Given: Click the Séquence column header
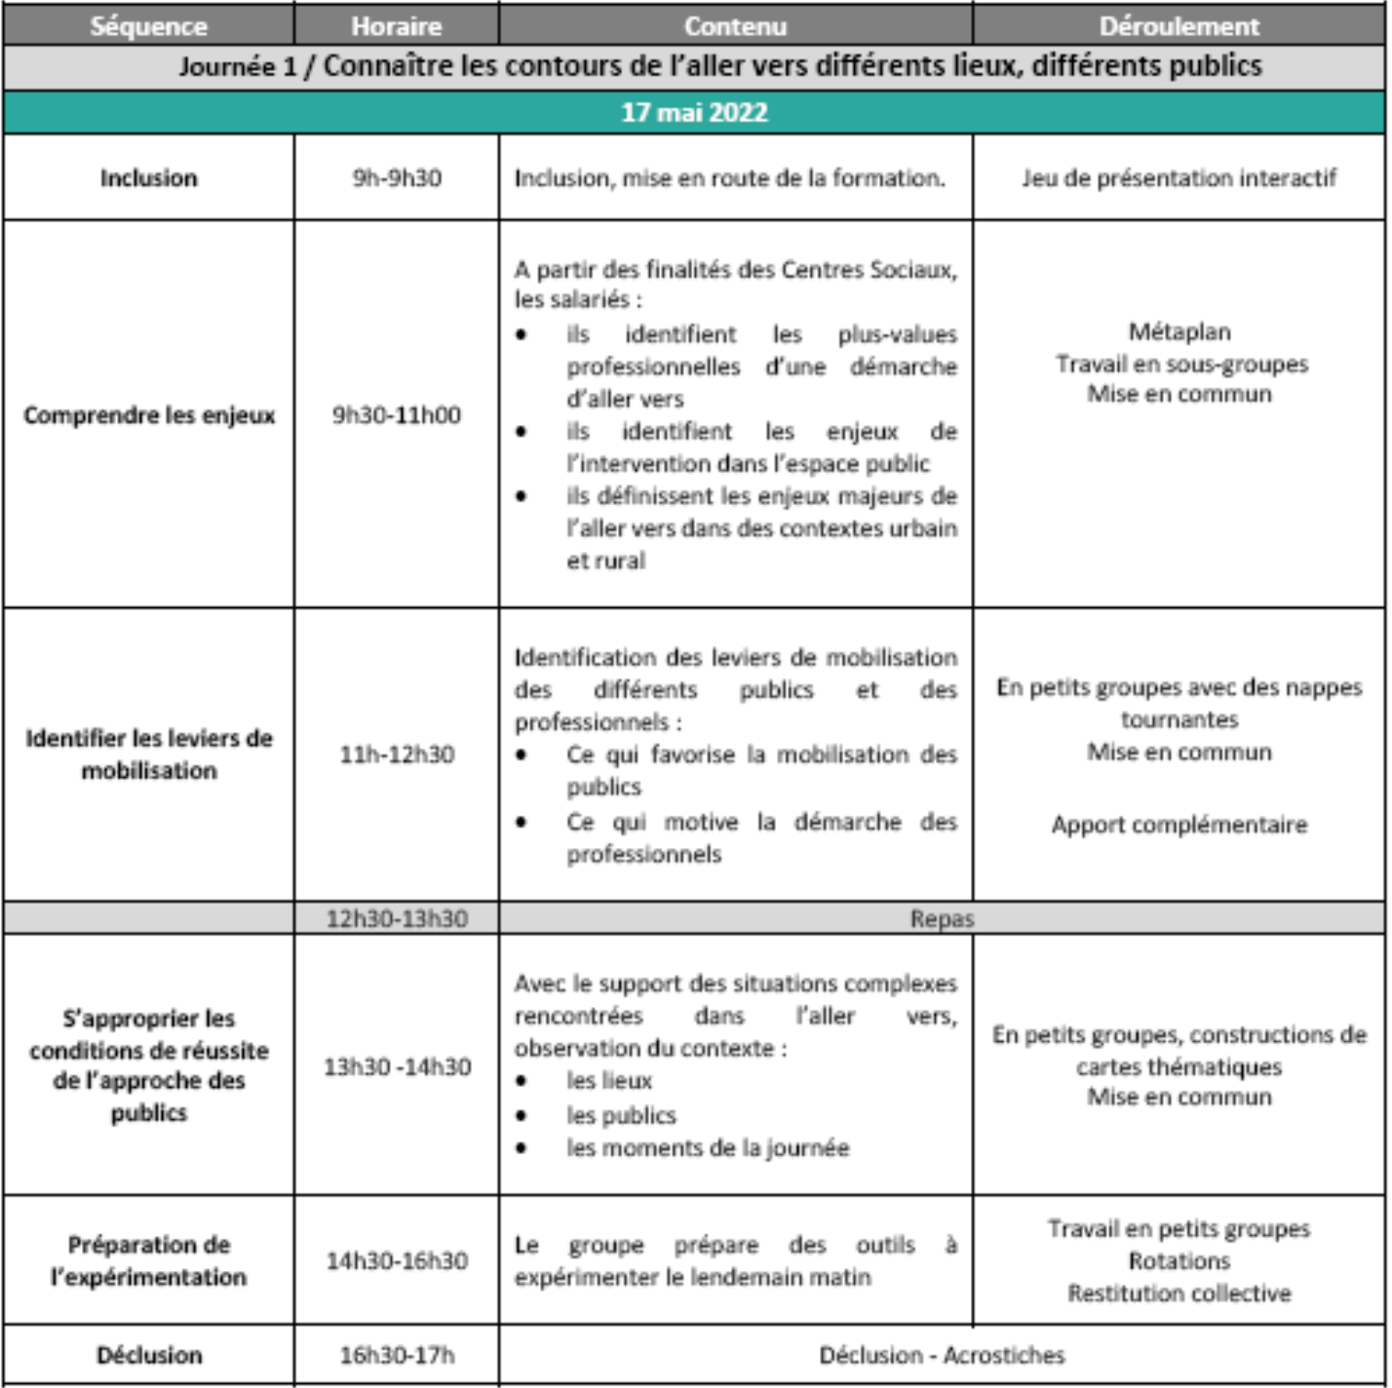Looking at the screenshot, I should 148,25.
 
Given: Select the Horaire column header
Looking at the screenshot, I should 396,25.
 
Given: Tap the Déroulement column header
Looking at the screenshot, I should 1179,25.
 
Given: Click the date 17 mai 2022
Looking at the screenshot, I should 694,112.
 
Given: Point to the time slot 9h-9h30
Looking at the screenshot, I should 396,177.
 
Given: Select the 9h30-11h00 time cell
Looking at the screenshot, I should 396,414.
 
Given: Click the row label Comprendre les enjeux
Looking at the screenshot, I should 149,415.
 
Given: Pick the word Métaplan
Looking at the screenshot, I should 1179,331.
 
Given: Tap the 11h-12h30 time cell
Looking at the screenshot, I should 396,753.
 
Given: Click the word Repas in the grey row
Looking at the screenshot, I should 942,918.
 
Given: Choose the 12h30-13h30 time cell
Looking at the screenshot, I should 396,918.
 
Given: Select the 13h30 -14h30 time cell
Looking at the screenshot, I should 396,1066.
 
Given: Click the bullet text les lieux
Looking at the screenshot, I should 609,1081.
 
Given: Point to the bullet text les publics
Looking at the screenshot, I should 621,1115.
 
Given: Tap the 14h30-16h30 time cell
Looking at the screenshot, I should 396,1260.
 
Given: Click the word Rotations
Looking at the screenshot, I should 1179,1261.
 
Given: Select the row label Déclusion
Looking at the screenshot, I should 149,1355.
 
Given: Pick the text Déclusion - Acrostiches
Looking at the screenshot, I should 942,1355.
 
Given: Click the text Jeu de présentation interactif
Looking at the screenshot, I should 1179,177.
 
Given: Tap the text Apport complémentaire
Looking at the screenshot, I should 1179,825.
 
